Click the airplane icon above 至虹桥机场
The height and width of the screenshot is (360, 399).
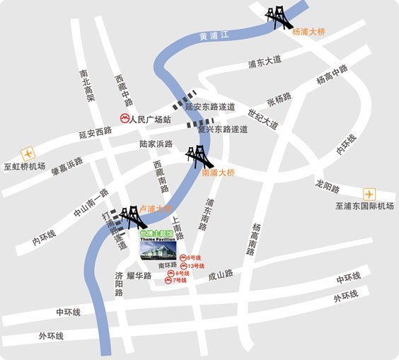[28, 152]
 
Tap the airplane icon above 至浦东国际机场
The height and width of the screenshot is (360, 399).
[368, 193]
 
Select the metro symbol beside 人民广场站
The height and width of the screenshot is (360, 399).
[124, 120]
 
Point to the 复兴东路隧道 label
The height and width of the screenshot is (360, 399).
[223, 129]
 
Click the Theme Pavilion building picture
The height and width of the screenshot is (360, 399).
[158, 251]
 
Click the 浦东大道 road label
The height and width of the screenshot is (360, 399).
[265, 62]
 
